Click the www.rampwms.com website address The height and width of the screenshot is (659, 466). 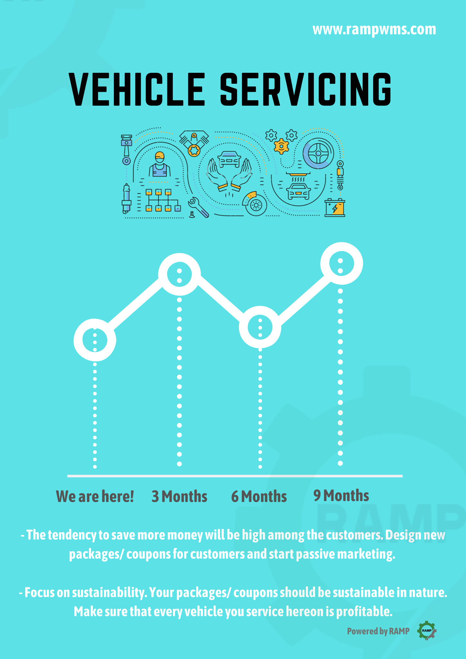pyautogui.click(x=374, y=30)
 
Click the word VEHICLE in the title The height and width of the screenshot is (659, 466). pyautogui.click(x=137, y=89)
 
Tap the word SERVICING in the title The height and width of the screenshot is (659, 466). pyautogui.click(x=306, y=89)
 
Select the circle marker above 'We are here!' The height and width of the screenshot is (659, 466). pyautogui.click(x=95, y=340)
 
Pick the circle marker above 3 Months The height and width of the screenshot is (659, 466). pyautogui.click(x=179, y=274)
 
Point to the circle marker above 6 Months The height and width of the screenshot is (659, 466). pyautogui.click(x=260, y=327)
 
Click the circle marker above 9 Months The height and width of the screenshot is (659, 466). pyautogui.click(x=341, y=264)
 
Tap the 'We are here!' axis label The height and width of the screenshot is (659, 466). pyautogui.click(x=95, y=496)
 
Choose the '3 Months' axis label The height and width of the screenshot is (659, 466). pyautogui.click(x=179, y=496)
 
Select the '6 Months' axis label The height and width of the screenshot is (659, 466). pyautogui.click(x=259, y=496)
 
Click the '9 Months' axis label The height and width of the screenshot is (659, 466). pyautogui.click(x=341, y=495)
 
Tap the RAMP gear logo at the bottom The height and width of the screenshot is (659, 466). pyautogui.click(x=427, y=630)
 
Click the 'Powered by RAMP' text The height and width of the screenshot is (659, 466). pyautogui.click(x=378, y=631)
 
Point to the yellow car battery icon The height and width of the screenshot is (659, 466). pyautogui.click(x=335, y=208)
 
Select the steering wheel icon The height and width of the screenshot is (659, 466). pyautogui.click(x=318, y=153)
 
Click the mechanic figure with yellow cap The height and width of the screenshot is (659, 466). pyautogui.click(x=159, y=164)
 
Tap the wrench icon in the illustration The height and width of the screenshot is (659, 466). pyautogui.click(x=198, y=207)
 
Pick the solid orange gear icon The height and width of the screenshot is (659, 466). pyautogui.click(x=281, y=146)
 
